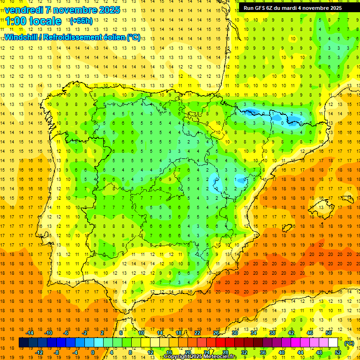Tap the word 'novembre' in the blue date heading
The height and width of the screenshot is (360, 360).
click(x=70, y=10)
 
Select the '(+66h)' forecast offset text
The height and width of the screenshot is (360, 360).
click(x=81, y=21)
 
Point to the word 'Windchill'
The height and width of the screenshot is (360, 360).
click(x=20, y=37)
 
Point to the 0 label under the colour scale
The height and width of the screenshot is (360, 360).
click(x=92, y=352)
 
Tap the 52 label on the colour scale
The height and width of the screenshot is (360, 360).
click(x=338, y=352)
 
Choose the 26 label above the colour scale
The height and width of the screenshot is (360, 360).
click(x=216, y=333)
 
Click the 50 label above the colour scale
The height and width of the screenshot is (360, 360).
click(x=329, y=333)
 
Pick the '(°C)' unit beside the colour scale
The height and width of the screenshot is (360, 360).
click(x=349, y=343)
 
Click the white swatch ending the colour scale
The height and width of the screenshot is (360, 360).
click(x=333, y=343)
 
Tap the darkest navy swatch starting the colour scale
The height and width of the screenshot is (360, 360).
click(x=23, y=343)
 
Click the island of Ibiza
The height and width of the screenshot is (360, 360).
click(x=287, y=228)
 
